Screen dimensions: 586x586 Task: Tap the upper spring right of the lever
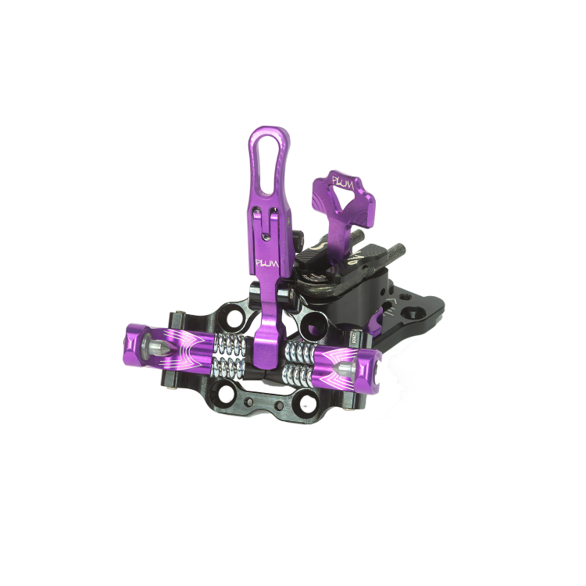(298, 349)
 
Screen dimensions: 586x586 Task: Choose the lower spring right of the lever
(298, 373)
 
